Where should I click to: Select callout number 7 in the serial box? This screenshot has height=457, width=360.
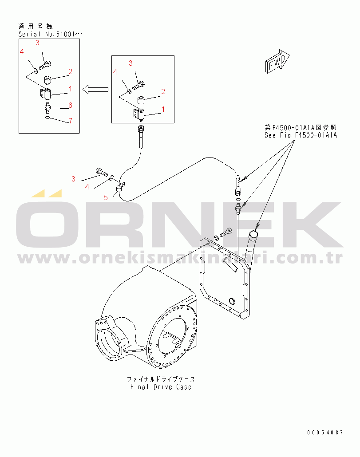pyautogui.click(x=70, y=121)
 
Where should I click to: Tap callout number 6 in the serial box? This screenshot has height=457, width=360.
pyautogui.click(x=70, y=105)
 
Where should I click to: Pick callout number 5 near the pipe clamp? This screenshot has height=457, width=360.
pyautogui.click(x=106, y=197)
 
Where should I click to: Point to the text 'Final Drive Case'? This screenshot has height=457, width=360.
pyautogui.click(x=161, y=387)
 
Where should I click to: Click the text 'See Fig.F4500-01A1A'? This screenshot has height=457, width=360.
pyautogui.click(x=301, y=135)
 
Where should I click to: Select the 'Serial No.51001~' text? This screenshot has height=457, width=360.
pyautogui.click(x=51, y=34)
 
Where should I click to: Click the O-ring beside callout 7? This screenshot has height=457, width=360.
pyautogui.click(x=48, y=118)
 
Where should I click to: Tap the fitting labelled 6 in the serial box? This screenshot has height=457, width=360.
pyautogui.click(x=47, y=106)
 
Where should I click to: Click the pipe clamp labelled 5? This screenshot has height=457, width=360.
pyautogui.click(x=119, y=191)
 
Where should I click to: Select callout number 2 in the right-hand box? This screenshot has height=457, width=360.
pyautogui.click(x=163, y=92)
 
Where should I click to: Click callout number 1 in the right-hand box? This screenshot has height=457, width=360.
pyautogui.click(x=163, y=109)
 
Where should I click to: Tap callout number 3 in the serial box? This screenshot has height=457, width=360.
pyautogui.click(x=37, y=43)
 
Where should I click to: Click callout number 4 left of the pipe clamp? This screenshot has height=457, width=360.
pyautogui.click(x=87, y=187)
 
